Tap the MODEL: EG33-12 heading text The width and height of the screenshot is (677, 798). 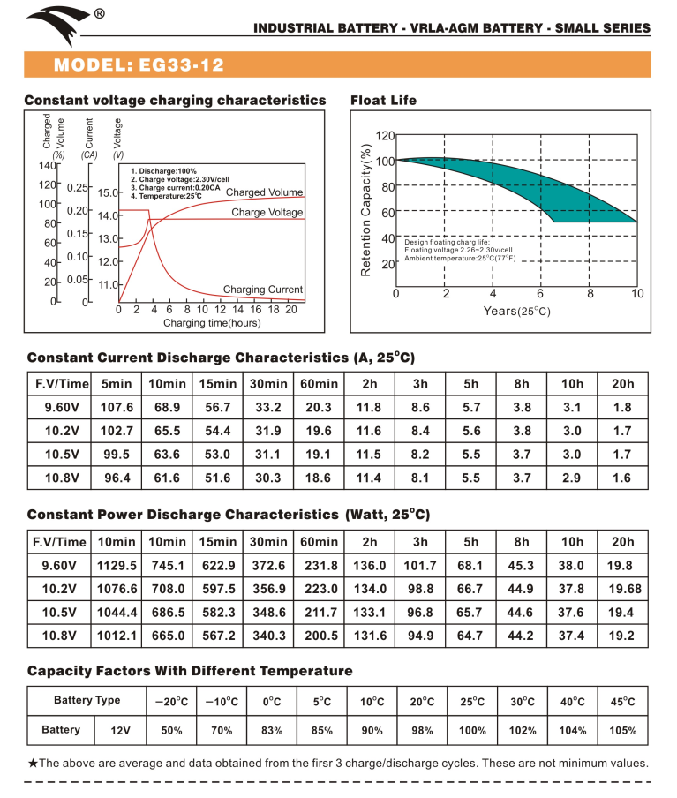[x=139, y=66]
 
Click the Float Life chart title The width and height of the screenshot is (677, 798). [x=383, y=100]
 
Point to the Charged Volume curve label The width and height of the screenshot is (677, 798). [x=264, y=192]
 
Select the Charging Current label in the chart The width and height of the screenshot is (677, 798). [x=262, y=290]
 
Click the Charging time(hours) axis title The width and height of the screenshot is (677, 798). [x=211, y=323]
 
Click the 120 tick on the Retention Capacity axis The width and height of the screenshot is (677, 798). [x=384, y=136]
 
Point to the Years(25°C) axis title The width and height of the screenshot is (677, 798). [x=516, y=311]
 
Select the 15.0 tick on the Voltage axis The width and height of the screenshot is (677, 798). [x=108, y=192]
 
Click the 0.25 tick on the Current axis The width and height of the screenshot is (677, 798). [x=77, y=188]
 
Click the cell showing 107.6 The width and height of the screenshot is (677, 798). [x=117, y=409]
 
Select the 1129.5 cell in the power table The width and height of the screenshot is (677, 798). [x=117, y=567]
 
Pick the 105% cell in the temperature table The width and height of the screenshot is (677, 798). [x=623, y=731]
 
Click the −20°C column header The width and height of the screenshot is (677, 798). [x=170, y=702]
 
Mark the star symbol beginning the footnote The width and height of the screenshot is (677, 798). [x=33, y=764]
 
